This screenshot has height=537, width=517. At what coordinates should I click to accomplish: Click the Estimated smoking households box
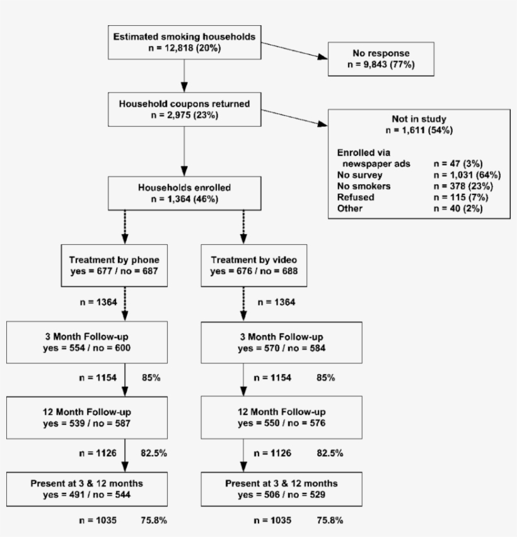tap(184, 43)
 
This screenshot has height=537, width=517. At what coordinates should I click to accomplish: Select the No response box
tap(381, 59)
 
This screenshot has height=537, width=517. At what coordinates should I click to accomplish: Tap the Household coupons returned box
tap(184, 109)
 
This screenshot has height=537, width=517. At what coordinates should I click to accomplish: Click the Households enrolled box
tap(184, 193)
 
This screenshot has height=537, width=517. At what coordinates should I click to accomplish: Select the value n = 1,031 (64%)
tap(455, 175)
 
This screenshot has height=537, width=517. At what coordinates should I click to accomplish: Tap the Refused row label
tap(356, 198)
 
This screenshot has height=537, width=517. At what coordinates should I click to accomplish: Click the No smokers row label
tap(363, 186)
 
